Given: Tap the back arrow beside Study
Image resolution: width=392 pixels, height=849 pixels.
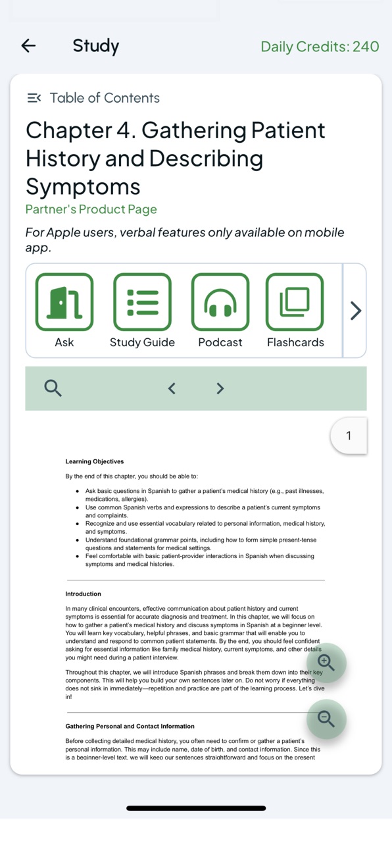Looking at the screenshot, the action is pyautogui.click(x=28, y=46).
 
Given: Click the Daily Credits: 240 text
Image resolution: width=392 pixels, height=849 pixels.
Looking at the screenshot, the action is pyautogui.click(x=320, y=47).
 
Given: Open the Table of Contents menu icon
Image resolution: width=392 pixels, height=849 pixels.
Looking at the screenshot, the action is pyautogui.click(x=34, y=98).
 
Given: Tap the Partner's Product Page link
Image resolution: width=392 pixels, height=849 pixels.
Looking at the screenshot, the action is pyautogui.click(x=91, y=209).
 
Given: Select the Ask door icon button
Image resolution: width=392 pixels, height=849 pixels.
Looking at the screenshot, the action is pyautogui.click(x=64, y=302).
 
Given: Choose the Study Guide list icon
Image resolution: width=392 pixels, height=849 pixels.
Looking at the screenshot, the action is pyautogui.click(x=143, y=302).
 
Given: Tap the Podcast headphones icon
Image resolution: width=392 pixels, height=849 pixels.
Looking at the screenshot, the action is pyautogui.click(x=220, y=302).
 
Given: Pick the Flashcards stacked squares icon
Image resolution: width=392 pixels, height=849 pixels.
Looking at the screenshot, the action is pyautogui.click(x=295, y=302).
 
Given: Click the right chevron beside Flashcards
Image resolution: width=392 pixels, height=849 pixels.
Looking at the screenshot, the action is pyautogui.click(x=355, y=311).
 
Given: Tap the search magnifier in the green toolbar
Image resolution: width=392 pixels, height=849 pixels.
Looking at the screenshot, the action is pyautogui.click(x=53, y=388).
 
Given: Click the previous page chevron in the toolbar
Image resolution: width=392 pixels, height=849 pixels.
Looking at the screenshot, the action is pyautogui.click(x=172, y=388).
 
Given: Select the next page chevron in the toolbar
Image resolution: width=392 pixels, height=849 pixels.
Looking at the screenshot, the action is pyautogui.click(x=220, y=388).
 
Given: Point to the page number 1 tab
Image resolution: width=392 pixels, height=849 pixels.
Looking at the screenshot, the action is pyautogui.click(x=349, y=436).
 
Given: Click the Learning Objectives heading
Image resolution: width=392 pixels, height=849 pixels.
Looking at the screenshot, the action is pyautogui.click(x=94, y=461).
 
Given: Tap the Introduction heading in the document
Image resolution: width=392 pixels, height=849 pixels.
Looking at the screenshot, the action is pyautogui.click(x=83, y=594).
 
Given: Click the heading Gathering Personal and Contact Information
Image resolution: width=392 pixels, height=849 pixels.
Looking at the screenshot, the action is pyautogui.click(x=130, y=726).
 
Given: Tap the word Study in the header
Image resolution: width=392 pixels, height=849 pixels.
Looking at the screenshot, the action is pyautogui.click(x=96, y=46).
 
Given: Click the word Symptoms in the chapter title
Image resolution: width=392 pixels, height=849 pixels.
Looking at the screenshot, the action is pyautogui.click(x=83, y=186).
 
